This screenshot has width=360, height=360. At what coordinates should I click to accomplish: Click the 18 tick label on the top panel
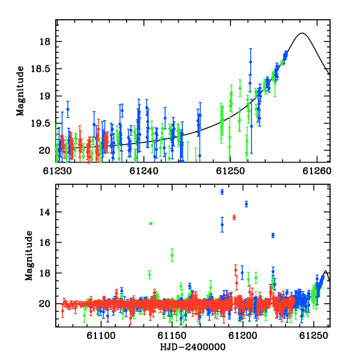click(44, 42)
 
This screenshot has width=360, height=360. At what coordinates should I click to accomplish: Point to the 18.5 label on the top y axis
click(40, 68)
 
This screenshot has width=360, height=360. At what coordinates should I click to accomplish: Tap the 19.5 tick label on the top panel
click(40, 124)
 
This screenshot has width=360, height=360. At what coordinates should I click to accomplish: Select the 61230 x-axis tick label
click(58, 171)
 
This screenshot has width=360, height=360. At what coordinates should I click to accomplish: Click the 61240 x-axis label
click(144, 171)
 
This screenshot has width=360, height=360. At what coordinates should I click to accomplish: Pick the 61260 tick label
click(317, 171)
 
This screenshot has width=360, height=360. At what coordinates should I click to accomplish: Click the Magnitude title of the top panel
click(20, 91)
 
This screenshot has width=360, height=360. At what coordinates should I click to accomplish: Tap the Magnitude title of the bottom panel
click(29, 256)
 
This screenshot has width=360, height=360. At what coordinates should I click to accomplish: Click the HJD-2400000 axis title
click(193, 347)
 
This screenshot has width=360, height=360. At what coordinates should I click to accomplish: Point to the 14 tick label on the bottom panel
click(45, 212)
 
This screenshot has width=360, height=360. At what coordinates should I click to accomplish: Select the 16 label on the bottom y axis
click(45, 242)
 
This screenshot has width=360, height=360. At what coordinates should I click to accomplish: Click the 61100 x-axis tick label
click(101, 335)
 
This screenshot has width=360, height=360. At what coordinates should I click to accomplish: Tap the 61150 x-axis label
click(172, 335)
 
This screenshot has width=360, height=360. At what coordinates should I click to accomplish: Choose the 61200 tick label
click(243, 335)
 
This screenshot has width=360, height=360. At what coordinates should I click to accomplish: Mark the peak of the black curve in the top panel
click(302, 33)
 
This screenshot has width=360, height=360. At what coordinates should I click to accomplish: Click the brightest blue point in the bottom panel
click(222, 192)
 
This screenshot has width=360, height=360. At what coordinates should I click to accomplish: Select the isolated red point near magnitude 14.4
click(234, 217)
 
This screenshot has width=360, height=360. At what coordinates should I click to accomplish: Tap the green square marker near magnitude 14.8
click(151, 223)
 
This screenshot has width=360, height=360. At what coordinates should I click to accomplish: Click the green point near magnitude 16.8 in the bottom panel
click(172, 255)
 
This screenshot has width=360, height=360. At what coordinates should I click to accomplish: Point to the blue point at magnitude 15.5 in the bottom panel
click(273, 235)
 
